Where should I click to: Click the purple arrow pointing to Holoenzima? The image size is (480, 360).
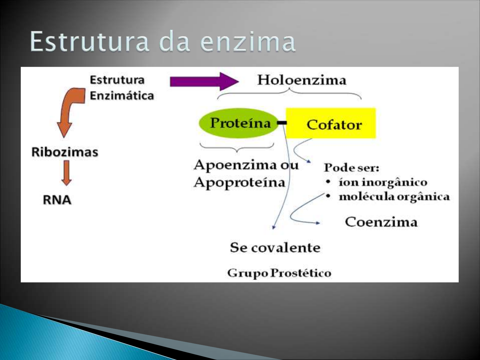point(203,81)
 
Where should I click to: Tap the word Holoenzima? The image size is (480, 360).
point(302,80)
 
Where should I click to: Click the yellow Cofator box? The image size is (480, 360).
point(331,123)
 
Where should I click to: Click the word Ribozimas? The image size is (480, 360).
point(65,152)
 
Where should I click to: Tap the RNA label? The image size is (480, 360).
point(57,200)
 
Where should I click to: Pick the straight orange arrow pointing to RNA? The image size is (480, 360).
point(67,173)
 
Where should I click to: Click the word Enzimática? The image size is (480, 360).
point(122,96)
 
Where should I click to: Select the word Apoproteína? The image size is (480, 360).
point(239,182)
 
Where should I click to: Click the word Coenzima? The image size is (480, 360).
point(381,222)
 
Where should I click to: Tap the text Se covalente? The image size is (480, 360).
point(275,248)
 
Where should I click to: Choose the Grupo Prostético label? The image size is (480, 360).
point(279,273)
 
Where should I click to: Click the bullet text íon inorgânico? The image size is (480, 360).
point(383,182)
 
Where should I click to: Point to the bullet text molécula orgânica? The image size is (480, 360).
point(394,197)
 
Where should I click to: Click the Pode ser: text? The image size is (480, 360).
point(351,167)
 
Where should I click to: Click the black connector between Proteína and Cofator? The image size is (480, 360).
point(282,123)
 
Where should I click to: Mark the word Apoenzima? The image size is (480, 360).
point(235,165)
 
